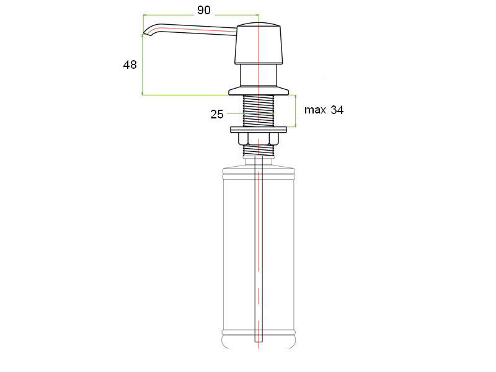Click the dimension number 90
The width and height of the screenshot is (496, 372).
(x=204, y=10)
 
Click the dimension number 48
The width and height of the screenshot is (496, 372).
(x=130, y=65)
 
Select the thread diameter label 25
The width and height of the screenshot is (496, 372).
(x=216, y=114)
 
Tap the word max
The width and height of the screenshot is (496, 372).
(x=315, y=110)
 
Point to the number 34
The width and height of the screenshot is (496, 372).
(x=337, y=110)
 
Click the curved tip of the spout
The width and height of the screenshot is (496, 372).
(x=146, y=32)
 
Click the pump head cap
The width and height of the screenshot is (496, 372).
(x=259, y=43)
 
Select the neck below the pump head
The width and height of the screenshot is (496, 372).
(x=259, y=75)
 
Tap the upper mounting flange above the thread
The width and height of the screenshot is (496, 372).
(x=259, y=91)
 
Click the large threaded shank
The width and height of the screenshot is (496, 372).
(x=259, y=111)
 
